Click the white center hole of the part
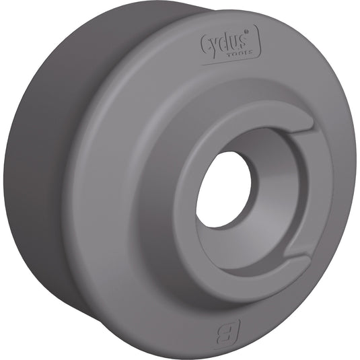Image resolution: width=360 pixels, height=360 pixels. [x=223, y=189]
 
